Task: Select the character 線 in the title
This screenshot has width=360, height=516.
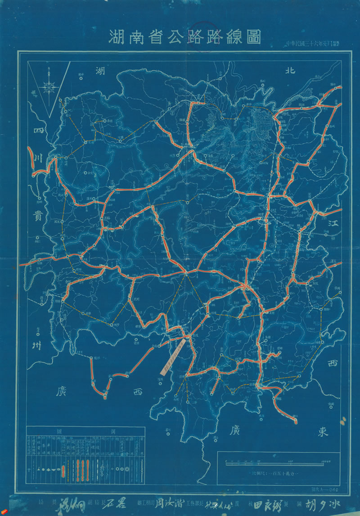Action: click(229, 37)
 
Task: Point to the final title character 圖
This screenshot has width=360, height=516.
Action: click(252, 37)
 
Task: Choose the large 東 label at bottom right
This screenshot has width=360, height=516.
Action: click(323, 431)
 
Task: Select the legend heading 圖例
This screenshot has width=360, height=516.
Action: click(85, 430)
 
